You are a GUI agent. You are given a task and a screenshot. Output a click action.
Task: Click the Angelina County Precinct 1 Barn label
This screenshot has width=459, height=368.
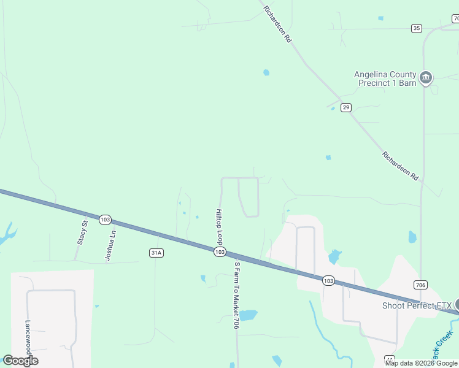pyautogui.click(x=385, y=79)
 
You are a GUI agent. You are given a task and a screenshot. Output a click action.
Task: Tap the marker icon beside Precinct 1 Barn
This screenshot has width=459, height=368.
pyautogui.click(x=426, y=78)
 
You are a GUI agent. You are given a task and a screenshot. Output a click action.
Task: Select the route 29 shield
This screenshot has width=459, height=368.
pyautogui.click(x=346, y=107)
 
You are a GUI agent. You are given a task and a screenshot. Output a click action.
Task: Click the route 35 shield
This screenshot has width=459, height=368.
pyautogui.click(x=417, y=28)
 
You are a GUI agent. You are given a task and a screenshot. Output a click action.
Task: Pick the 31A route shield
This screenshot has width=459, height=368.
pyautogui.click(x=156, y=252)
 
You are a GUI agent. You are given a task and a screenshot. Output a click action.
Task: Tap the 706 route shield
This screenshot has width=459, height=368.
pyautogui.click(x=420, y=285)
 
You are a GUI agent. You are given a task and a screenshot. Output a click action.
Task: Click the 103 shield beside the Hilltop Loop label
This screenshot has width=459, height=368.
pyautogui.click(x=220, y=252)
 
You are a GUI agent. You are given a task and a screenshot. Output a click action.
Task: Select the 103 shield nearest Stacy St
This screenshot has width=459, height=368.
pyautogui.click(x=105, y=219)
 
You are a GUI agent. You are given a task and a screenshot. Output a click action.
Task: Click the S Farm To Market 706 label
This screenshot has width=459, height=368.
pyautogui.click(x=236, y=295)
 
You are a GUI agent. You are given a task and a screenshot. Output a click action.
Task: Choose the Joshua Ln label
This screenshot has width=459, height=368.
pyautogui.click(x=110, y=246)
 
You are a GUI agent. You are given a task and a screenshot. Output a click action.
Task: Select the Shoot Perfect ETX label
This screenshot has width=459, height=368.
pyautogui.click(x=417, y=305)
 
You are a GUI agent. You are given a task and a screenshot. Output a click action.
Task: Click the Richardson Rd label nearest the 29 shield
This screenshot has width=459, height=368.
pyautogui.click(x=399, y=166)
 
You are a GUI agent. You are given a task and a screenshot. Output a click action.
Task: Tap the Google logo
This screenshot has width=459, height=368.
pyautogui.click(x=21, y=361)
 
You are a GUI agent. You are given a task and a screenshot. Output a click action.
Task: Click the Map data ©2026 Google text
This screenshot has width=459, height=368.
pyautogui.click(x=421, y=363)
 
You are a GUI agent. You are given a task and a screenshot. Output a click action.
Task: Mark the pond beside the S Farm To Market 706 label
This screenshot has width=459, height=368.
pyautogui.click(x=248, y=315)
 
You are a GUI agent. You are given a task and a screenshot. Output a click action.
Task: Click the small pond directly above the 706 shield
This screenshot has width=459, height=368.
pyautogui.click(x=412, y=237)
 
